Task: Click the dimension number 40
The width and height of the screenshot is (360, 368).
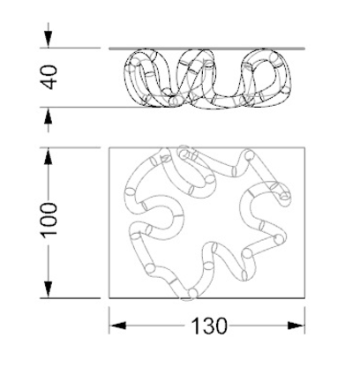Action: point(49,78)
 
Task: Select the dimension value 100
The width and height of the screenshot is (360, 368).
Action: point(49,219)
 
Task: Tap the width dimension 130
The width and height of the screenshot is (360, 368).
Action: point(209,326)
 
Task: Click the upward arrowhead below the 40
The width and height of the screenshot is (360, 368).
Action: point(49,116)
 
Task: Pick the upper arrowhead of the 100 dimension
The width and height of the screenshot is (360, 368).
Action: point(49,156)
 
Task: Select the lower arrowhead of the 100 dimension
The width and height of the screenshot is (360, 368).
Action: point(49,289)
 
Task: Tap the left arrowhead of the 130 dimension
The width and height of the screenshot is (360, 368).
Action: point(118,326)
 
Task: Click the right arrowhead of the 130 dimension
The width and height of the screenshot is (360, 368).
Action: point(296,326)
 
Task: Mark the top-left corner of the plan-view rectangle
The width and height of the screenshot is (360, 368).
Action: point(109,147)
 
